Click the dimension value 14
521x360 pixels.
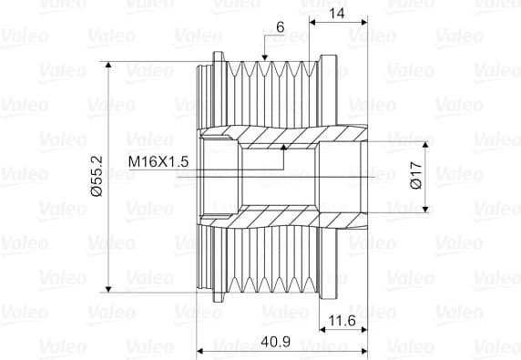pyautogui.click(x=337, y=14)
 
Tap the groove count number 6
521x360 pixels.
pyautogui.click(x=281, y=27)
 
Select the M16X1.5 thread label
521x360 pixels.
pyautogui.click(x=158, y=161)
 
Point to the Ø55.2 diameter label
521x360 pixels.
pyautogui.click(x=97, y=176)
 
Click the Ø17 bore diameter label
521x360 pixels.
pyautogui.click(x=416, y=175)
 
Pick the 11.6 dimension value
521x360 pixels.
pyautogui.click(x=342, y=321)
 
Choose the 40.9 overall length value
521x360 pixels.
pyautogui.click(x=275, y=342)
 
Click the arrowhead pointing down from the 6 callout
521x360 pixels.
pyautogui.click(x=264, y=57)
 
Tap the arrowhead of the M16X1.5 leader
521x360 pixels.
pyautogui.click(x=283, y=148)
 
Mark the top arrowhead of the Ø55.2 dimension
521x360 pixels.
pyautogui.click(x=108, y=65)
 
